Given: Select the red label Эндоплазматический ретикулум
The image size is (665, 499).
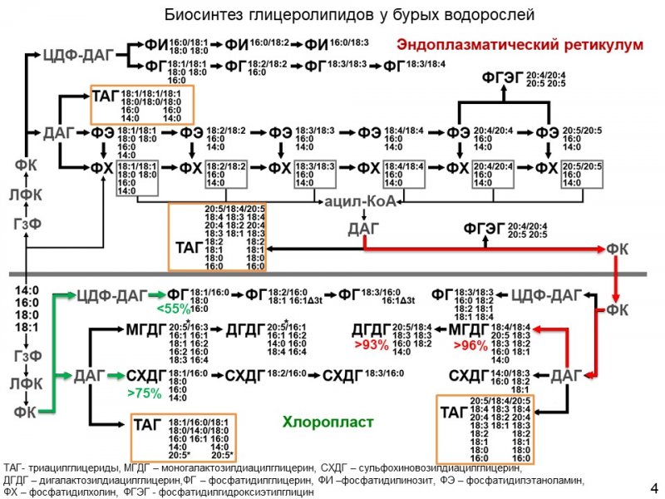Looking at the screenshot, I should tap(520, 43).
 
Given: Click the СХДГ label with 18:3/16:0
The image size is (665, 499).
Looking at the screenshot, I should tap(342, 375).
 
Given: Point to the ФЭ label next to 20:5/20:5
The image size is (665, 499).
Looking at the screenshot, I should tap(546, 133).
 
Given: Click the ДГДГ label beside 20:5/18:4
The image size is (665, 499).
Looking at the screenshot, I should tap(372, 329).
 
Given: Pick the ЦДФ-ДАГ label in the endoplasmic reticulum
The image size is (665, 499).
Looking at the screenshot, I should tap(75, 56).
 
